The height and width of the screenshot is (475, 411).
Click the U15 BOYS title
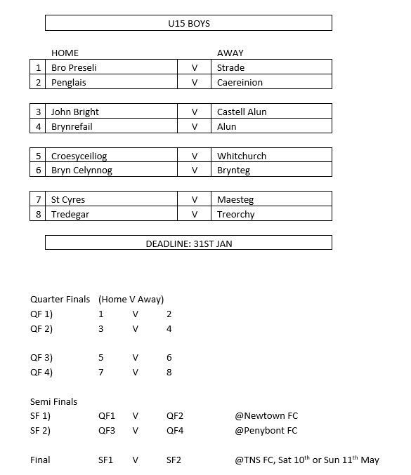(x=189, y=23)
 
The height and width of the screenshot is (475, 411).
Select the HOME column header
(x=65, y=53)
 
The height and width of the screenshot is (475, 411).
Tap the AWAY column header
(x=230, y=53)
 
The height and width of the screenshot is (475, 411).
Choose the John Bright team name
(x=75, y=112)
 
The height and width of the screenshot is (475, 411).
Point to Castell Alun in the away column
(x=242, y=112)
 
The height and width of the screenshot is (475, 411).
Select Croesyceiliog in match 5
(x=79, y=156)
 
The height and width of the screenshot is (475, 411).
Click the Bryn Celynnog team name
(x=81, y=170)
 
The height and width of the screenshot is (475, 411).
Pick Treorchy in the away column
(x=235, y=215)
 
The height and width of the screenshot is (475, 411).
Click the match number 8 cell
(x=38, y=215)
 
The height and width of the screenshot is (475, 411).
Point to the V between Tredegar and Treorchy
(x=195, y=215)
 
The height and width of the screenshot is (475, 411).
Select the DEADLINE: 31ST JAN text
(x=189, y=244)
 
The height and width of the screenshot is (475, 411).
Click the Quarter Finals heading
(x=60, y=300)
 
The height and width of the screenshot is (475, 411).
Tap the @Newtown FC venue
(x=266, y=416)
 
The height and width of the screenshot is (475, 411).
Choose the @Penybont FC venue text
(x=266, y=431)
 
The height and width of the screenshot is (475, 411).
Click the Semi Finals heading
(x=53, y=402)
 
